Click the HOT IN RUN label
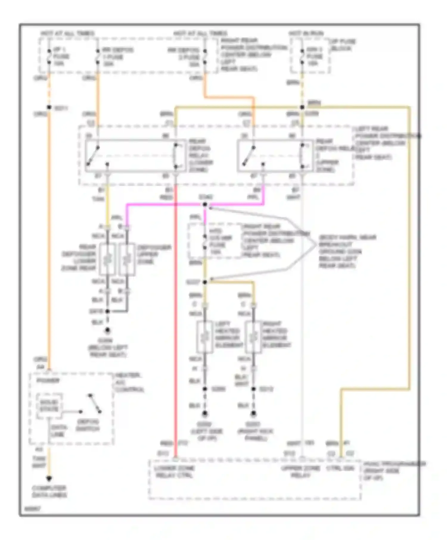tap(306, 33)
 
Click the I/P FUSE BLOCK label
tap(342, 45)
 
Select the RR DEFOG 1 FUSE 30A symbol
tap(97, 57)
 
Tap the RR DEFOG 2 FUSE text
tap(184, 53)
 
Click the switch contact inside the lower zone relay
tap(93, 155)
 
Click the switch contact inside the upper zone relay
tap(248, 155)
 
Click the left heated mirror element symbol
tap(205, 337)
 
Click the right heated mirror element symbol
tap(253, 337)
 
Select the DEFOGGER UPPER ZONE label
tap(154, 255)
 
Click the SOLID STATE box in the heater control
tap(49, 405)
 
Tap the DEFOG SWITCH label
tap(88, 425)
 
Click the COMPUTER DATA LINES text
tap(49, 491)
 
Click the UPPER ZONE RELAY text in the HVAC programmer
tap(300, 472)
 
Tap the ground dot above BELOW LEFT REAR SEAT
tap(108, 330)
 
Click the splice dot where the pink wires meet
tap(205, 205)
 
